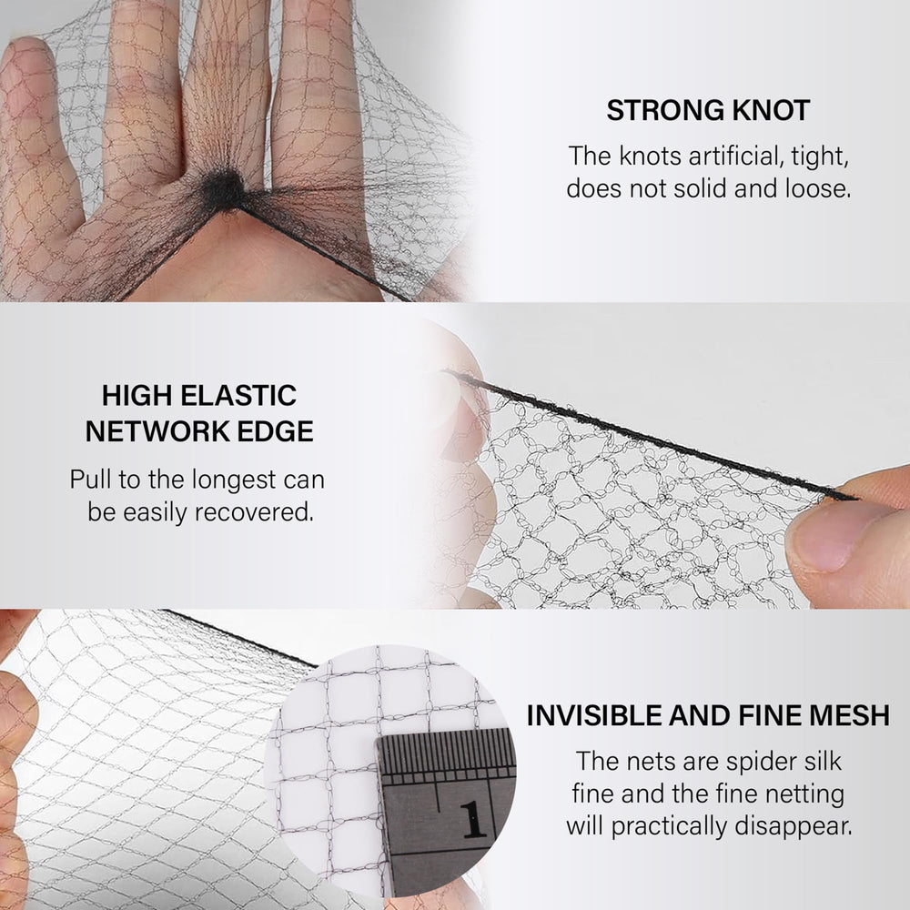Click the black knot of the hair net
[224, 190]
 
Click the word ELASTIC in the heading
[238, 396]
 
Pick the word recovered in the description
[254, 512]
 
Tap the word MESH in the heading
[849, 715]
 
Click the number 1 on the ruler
[473, 820]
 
